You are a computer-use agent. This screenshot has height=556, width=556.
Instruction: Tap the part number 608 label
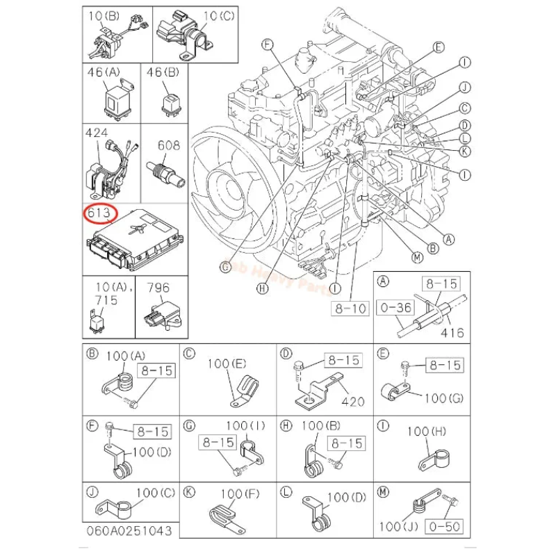click(x=168, y=145)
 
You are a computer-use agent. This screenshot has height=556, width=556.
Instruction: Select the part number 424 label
click(x=97, y=132)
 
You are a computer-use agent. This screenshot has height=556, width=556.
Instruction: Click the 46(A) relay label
click(x=103, y=72)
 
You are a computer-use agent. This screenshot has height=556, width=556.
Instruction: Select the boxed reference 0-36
click(x=393, y=306)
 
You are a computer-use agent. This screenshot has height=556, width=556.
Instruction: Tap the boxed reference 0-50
click(x=444, y=526)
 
